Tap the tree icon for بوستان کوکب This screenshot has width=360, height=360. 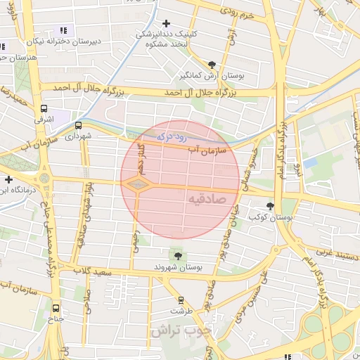click(x=271, y=206)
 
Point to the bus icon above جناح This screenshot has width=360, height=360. click(x=56, y=307)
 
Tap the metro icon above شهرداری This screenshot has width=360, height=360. click(x=78, y=126)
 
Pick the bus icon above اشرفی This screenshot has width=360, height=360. click(x=44, y=109)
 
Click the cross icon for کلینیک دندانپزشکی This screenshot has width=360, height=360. click(x=166, y=23)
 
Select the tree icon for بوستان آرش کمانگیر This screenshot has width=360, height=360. click(x=212, y=64)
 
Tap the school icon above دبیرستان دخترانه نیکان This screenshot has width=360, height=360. click(x=63, y=30)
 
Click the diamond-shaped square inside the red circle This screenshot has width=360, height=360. click(x=136, y=184)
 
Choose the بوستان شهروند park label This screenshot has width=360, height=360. click(x=178, y=268)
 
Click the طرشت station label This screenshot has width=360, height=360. click(x=181, y=310)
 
